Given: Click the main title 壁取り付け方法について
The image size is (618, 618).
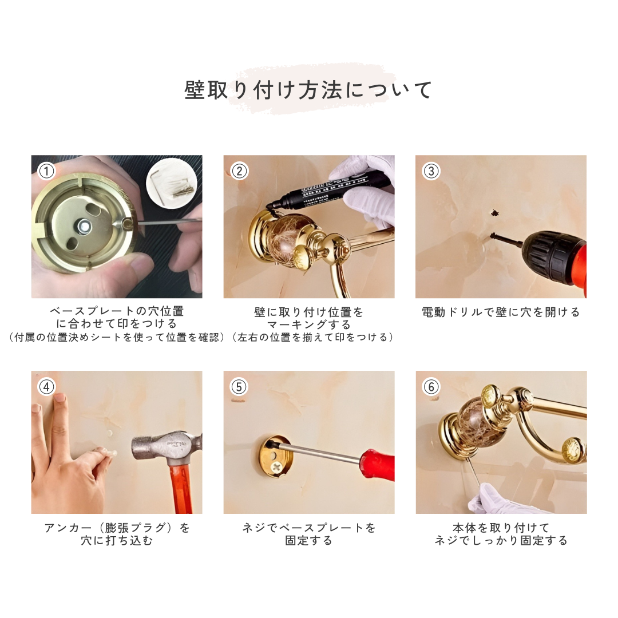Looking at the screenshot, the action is [308, 90].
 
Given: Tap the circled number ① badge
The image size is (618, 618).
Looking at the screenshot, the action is [46, 172].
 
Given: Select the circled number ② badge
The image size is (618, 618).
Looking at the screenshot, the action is [239, 172].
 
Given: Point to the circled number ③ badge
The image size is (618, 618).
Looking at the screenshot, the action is [431, 172].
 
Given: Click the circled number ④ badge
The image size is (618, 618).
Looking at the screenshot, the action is [46, 387].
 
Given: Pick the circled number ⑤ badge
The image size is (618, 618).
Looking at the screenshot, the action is [239, 387].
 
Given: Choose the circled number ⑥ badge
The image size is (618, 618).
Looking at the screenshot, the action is [431, 387].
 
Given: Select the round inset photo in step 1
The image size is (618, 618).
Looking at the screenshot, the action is [172, 182].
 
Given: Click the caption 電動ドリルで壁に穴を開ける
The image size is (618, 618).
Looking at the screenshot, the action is [501, 312].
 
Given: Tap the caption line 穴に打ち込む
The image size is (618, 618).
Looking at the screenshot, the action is [117, 540].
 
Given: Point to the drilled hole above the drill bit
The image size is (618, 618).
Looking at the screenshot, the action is [493, 213].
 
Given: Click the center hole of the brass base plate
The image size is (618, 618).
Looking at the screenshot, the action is [84, 226].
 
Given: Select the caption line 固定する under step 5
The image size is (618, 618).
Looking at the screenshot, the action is [308, 540].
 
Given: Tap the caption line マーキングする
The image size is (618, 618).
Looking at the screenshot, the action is [308, 325].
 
